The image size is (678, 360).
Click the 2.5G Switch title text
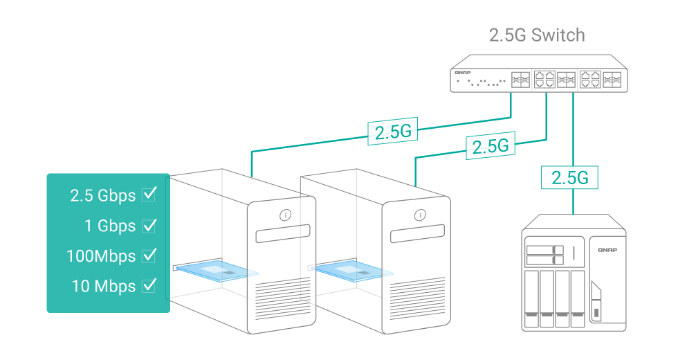coord(537,35)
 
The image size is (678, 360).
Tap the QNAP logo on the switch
coord(462,72)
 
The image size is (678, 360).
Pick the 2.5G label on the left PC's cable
coord(392,132)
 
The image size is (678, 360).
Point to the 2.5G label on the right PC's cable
coord(490,145)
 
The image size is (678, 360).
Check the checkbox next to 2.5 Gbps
coord(149,195)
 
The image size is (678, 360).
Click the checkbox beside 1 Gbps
coord(149,225)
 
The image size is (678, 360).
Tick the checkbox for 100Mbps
coord(149,255)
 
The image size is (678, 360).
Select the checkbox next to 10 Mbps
coord(149,285)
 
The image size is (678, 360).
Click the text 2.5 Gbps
coord(103,195)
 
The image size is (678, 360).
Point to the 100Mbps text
coord(101,255)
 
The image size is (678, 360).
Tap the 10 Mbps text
coord(103,285)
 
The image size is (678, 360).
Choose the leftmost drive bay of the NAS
coord(531,298)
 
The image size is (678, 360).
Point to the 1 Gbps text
coord(110,226)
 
